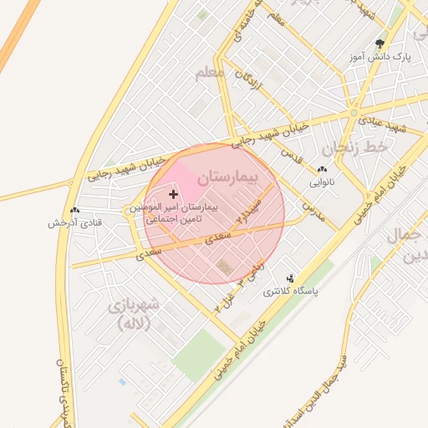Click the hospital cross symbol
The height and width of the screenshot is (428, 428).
[174, 194]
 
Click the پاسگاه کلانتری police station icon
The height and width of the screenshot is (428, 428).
[290, 278]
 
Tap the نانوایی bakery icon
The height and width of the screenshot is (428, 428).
[322, 170]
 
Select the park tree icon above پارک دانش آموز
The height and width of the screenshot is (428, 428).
[380, 43]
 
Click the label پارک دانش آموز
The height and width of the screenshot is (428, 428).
[381, 57]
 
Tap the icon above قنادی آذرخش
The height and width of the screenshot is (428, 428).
[75, 211]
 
